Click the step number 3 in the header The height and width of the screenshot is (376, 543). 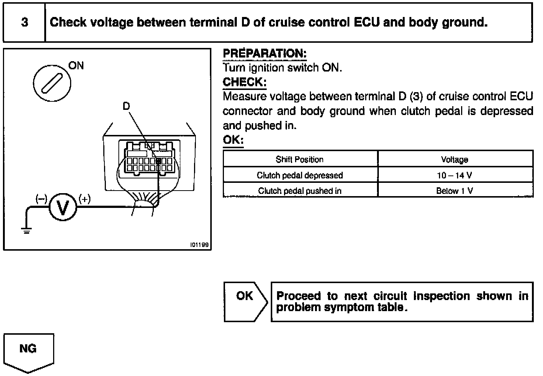pos(24,22)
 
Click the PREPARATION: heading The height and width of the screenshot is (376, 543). pos(264,54)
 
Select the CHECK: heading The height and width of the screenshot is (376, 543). pos(244,82)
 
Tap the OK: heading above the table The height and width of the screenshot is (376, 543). pos(233,140)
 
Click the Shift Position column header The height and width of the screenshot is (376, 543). pos(300,159)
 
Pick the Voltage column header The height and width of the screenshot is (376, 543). pos(454,159)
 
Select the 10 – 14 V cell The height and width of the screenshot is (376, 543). pos(454,175)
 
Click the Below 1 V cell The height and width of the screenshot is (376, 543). pos(454,191)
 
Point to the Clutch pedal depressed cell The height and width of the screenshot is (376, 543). pos(300,175)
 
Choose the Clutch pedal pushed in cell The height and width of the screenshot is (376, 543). pos(300,191)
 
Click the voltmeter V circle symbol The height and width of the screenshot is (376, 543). pos(63,208)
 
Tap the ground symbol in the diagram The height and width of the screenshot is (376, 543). pos(26,231)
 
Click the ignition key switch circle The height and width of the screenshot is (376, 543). pos(52,83)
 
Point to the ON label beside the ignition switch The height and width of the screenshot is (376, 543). pos(76,66)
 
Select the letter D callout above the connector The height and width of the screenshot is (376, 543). pos(126,106)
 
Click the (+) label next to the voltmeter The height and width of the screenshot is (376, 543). pos(84,199)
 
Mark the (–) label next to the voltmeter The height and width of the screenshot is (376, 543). pos(41,199)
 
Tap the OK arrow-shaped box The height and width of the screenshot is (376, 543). pos(245,302)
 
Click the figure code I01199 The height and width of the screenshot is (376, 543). pos(199,245)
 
